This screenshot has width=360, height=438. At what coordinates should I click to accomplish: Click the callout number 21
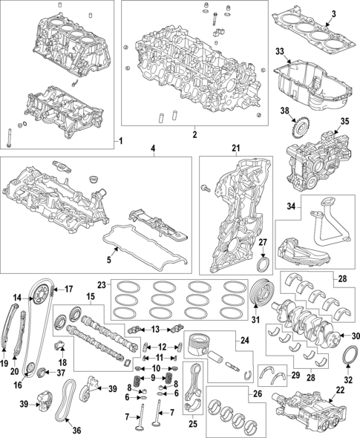click(237, 149)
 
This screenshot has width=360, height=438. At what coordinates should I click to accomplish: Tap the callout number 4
click(152, 148)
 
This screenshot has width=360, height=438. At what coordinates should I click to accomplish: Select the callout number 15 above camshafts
click(91, 297)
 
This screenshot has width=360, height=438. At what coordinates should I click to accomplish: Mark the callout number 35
click(344, 120)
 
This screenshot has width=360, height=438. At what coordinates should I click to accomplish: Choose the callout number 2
click(194, 135)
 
